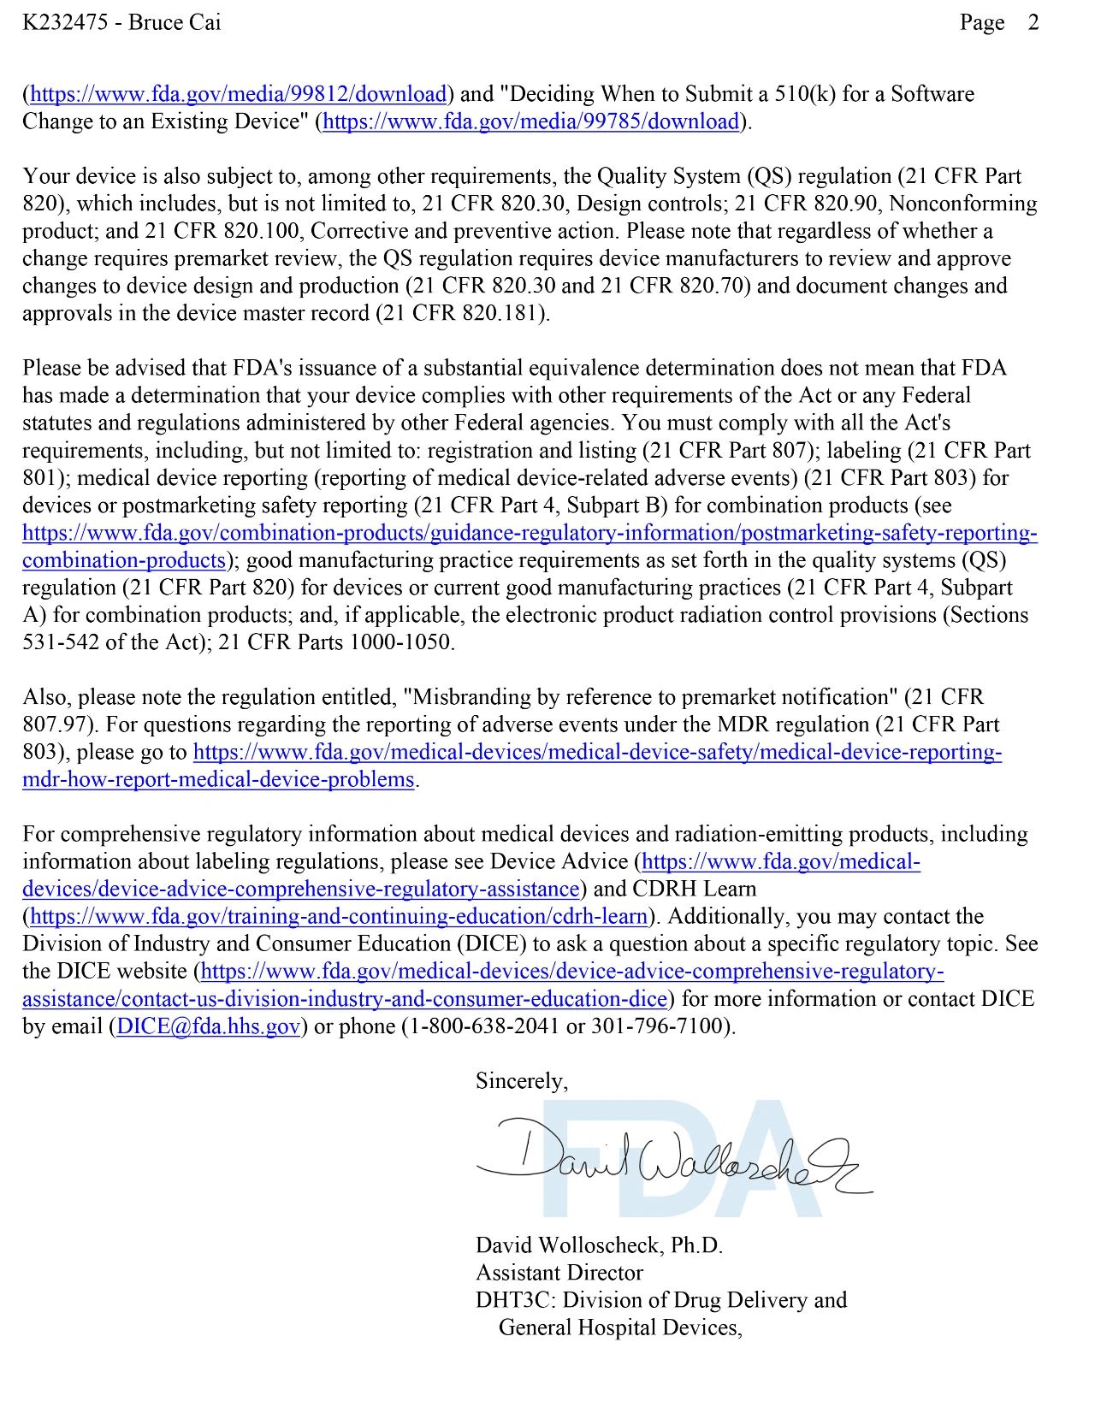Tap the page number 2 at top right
coord(1033,23)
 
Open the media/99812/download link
coord(239,94)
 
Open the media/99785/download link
coord(531,121)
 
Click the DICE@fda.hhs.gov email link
coord(208,1026)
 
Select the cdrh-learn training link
coord(339,917)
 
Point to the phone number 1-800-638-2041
coord(485,1026)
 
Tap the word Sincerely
coord(521,1081)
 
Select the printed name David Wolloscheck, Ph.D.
coord(599,1245)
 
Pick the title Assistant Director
coord(559,1273)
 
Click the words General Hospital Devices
coord(619,1327)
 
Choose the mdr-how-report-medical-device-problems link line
coord(218,780)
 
